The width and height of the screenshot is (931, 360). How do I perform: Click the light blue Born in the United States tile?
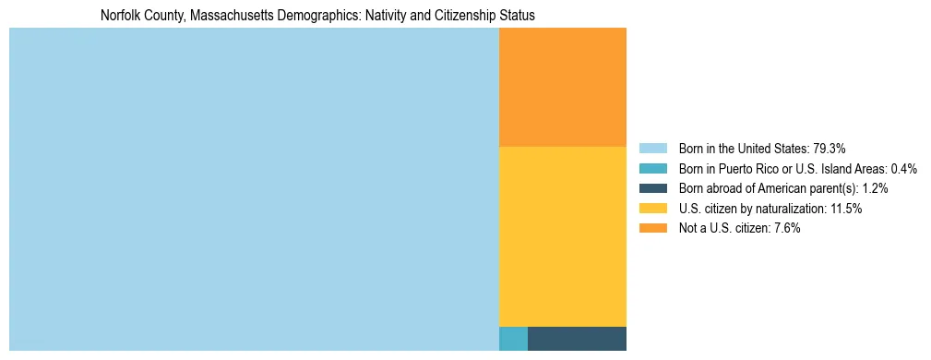254,189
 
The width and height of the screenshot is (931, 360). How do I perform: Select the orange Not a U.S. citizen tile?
562,87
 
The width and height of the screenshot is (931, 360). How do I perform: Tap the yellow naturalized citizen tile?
562,236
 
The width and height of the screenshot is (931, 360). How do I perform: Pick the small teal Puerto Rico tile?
513,339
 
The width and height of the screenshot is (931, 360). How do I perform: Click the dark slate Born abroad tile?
577,339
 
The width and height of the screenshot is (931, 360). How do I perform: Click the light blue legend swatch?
652,149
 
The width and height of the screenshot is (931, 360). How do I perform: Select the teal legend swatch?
652,169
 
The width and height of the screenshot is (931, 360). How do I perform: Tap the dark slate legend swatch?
652,188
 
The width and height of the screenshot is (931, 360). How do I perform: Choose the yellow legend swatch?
652,209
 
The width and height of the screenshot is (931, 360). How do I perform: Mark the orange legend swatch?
652,228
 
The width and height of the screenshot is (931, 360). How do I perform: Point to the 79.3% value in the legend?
829,149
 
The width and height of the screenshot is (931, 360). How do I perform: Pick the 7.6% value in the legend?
784,228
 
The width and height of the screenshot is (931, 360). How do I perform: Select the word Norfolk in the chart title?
120,16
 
